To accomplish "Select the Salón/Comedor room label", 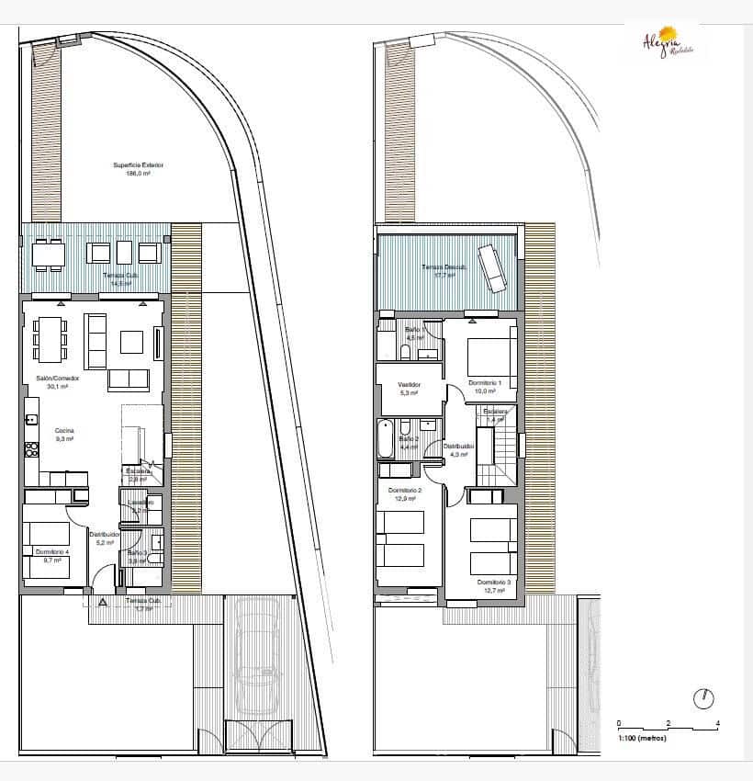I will (57, 381).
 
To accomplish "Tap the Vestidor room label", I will (409, 388).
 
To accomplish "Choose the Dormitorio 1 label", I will (485, 386).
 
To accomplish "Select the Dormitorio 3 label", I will (494, 586).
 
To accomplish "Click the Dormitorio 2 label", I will (405, 494).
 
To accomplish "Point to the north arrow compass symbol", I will (705, 697).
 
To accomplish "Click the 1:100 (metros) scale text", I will (641, 738).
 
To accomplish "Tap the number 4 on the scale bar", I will (717, 723).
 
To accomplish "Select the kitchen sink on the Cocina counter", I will (30, 420).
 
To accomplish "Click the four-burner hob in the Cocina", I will (30, 449).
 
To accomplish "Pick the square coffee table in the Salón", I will (131, 342).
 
